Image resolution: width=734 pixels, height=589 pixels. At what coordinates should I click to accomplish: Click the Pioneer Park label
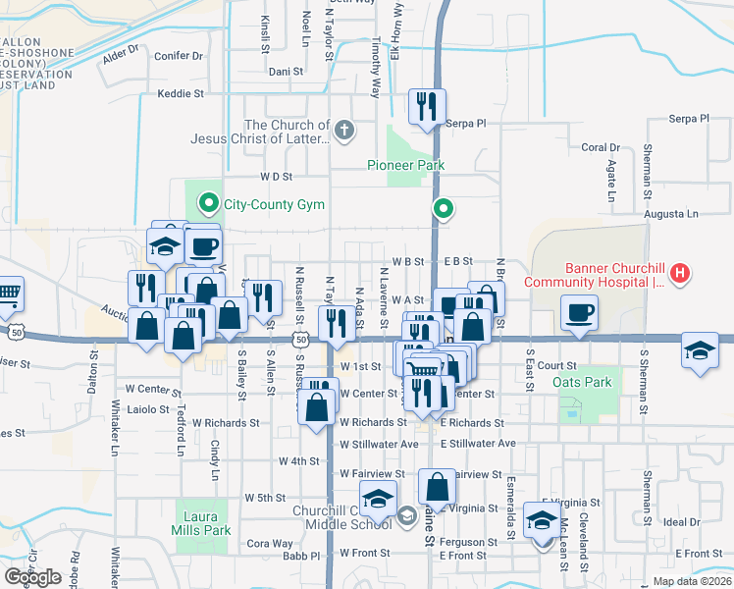pyautogui.click(x=406, y=165)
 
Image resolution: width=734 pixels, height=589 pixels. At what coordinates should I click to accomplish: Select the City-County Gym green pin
pyautogui.click(x=209, y=204)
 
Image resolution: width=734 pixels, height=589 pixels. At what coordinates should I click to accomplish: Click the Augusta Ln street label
pyautogui.click(x=670, y=213)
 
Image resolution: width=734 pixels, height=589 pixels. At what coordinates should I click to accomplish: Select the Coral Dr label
pyautogui.click(x=601, y=148)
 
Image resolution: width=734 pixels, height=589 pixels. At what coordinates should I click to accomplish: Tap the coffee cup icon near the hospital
pyautogui.click(x=579, y=313)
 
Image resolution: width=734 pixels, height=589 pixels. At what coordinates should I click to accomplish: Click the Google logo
pyautogui.click(x=32, y=577)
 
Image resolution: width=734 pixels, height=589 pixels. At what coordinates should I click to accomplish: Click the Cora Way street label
pyautogui.click(x=269, y=543)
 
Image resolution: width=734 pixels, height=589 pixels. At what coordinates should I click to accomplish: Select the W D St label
pyautogui.click(x=277, y=177)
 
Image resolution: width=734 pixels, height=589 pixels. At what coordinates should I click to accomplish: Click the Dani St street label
pyautogui.click(x=286, y=72)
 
